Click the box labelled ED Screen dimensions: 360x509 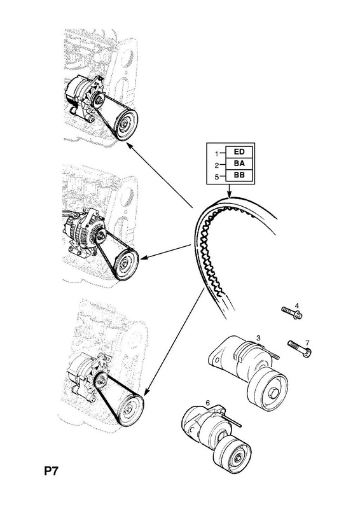[x=239, y=151]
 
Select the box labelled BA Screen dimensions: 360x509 [x=239, y=164]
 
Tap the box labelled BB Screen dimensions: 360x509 [x=239, y=176]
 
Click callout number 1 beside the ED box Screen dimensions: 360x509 [x=217, y=153]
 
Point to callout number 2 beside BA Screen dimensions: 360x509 [x=217, y=165]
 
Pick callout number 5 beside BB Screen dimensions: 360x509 [x=217, y=177]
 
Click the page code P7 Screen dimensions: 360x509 [x=51, y=471]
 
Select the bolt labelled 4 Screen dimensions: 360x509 [x=291, y=312]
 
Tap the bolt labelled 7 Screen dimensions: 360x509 [x=300, y=349]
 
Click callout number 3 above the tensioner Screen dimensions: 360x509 [x=258, y=338]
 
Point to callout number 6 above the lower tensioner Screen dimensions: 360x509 [x=208, y=403]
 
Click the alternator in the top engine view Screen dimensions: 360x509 [x=84, y=97]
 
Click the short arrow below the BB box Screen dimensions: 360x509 [x=229, y=190]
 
